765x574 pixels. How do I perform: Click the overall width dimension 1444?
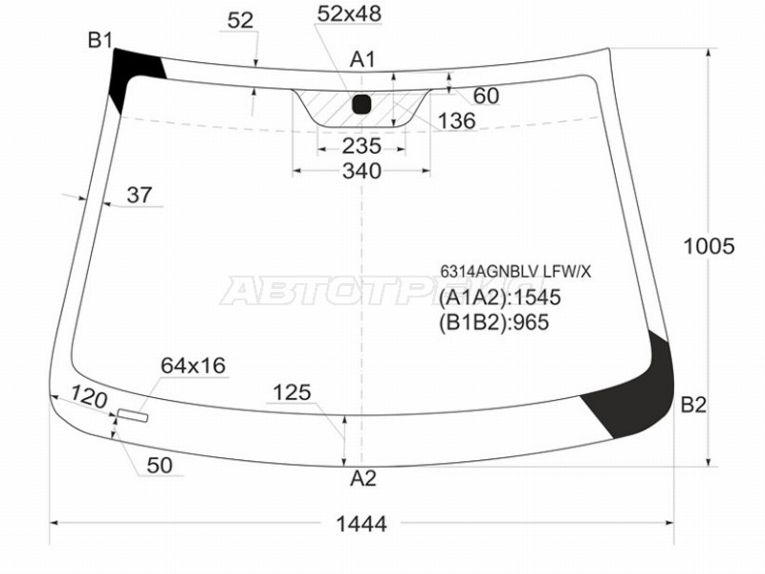pos(361,523)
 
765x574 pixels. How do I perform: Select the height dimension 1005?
pos(708,246)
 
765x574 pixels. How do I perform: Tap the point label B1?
pos(100,39)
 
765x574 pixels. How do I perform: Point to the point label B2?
pos(693,405)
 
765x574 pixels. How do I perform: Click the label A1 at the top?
pos(361,60)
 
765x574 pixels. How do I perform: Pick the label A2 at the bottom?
pos(362,478)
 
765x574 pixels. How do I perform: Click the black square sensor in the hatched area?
pos(362,103)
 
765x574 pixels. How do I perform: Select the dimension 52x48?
pos(349,13)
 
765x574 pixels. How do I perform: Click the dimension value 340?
pos(361,171)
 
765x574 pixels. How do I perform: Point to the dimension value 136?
pos(457,121)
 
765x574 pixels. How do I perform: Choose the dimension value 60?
pos(485,96)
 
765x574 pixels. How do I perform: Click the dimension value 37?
pos(140,195)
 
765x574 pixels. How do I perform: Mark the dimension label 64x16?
pos(192,364)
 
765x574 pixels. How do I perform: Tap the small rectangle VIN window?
pos(133,415)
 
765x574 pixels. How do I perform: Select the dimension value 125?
pos(293,392)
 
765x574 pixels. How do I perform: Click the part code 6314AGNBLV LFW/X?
pos(514,272)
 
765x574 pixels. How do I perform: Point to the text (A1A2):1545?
pos(500,298)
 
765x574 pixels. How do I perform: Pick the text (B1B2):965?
pos(494,322)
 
